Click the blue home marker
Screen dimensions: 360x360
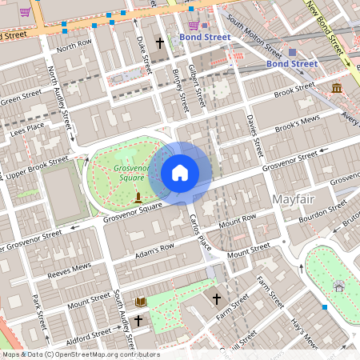[180, 172]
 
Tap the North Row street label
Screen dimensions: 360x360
[74, 46]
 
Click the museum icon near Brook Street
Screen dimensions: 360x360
[337, 86]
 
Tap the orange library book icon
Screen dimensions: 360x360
[141, 301]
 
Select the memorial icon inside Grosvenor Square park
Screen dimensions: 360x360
[138, 197]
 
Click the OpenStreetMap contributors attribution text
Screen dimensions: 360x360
[80, 354]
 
